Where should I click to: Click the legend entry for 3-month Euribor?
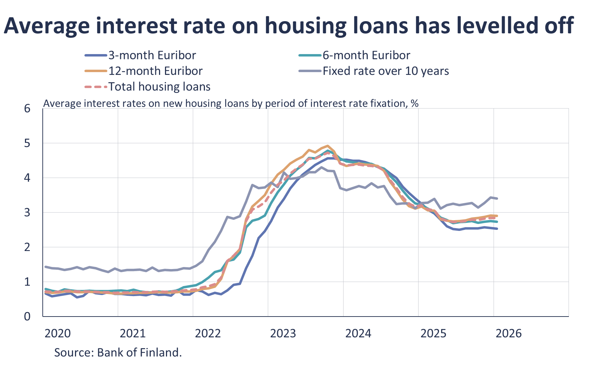point(152,55)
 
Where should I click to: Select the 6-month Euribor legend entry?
point(366,55)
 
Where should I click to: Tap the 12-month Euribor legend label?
point(155,71)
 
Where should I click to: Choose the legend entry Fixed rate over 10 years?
point(386,71)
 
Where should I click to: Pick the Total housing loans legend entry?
point(159,87)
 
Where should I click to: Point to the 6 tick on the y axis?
point(27,109)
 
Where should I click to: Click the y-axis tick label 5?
point(27,143)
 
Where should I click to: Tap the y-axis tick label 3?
point(27,213)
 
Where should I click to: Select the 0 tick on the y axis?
point(27,317)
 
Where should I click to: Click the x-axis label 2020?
point(58,334)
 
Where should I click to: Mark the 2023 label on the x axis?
point(283,334)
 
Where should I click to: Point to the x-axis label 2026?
point(508,334)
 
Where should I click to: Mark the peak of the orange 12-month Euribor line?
point(327,146)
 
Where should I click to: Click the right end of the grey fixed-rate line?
point(497,198)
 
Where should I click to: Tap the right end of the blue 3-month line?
point(497,228)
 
